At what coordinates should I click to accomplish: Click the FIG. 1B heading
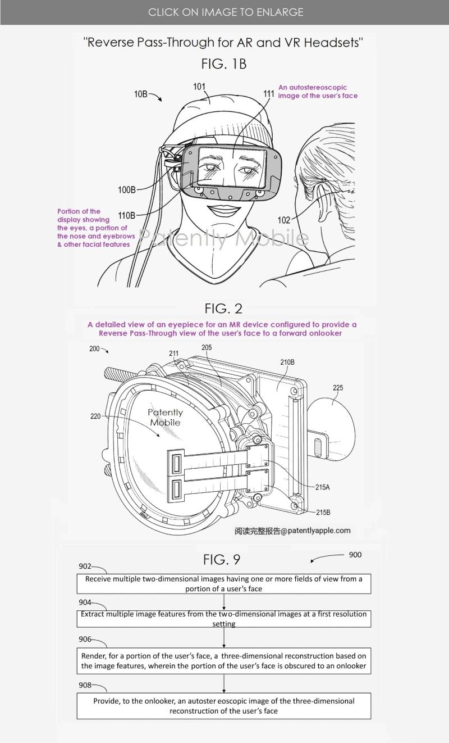coord(224,64)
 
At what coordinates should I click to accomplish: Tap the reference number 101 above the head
coord(199,87)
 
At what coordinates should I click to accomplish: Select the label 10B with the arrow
coord(141,94)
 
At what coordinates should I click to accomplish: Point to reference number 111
coord(269,93)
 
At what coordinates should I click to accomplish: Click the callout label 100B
coord(126,190)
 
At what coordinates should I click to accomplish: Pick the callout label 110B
coord(126,215)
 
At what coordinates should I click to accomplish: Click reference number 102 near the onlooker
coord(284,220)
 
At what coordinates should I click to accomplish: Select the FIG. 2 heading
coord(223,308)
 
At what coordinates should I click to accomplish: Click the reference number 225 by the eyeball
coord(338,388)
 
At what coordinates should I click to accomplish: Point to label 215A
coord(322,487)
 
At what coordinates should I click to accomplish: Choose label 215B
coord(323,512)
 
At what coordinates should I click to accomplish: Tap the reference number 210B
coord(287,363)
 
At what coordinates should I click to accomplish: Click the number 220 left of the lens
coord(96,416)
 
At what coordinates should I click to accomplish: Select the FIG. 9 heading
coord(222,560)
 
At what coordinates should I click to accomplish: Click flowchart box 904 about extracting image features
coord(223,619)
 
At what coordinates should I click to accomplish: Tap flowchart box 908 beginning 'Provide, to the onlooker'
coord(223,706)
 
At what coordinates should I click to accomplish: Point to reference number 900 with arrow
coord(355,555)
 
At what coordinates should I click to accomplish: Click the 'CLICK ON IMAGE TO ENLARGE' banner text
coord(226,12)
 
